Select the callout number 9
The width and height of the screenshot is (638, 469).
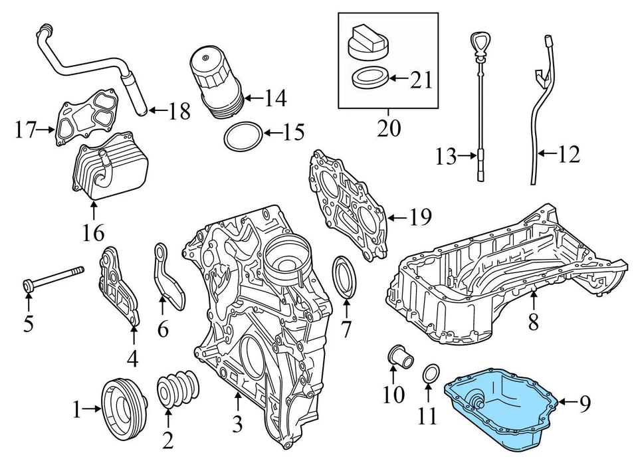pyautogui.click(x=584, y=403)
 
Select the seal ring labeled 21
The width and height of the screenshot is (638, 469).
pyautogui.click(x=368, y=80)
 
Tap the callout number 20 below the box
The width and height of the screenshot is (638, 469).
pyautogui.click(x=389, y=126)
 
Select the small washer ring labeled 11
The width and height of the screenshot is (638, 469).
pyautogui.click(x=431, y=375)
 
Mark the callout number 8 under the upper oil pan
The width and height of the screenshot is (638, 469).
pyautogui.click(x=533, y=322)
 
